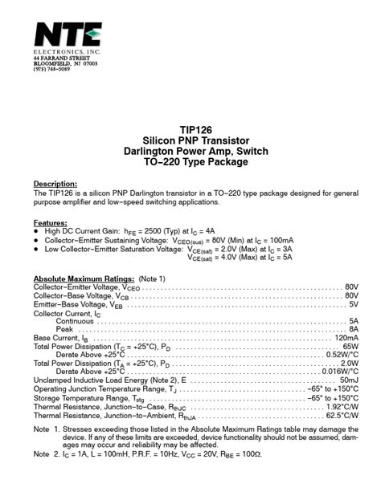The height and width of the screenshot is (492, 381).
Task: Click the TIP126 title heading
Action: [x=190, y=131]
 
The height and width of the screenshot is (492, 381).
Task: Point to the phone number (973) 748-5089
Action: [x=52, y=69]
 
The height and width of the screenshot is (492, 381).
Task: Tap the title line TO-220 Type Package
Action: [x=190, y=162]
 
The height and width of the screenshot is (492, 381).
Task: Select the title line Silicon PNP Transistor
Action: [x=190, y=141]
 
